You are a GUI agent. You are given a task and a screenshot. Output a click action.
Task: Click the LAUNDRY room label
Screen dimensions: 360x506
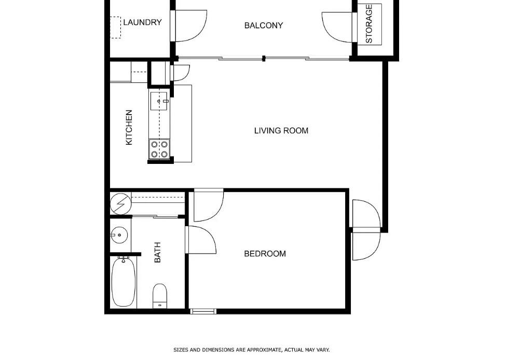(x=142, y=22)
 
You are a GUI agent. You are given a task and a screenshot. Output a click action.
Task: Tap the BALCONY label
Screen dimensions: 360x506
(x=264, y=25)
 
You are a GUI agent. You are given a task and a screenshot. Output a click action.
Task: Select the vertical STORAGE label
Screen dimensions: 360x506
(x=369, y=24)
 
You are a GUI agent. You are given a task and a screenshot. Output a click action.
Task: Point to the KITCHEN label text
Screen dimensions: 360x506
(x=129, y=127)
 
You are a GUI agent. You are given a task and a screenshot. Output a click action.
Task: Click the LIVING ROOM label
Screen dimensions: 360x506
(x=281, y=131)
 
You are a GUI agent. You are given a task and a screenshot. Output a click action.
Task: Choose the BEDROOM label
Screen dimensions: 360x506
(x=265, y=254)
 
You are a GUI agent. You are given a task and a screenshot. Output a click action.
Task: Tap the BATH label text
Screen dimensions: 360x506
(x=157, y=252)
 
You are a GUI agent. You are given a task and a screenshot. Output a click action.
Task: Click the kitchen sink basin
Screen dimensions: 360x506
(x=159, y=101)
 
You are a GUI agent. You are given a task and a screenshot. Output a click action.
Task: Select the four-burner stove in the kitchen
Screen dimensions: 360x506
(x=159, y=149)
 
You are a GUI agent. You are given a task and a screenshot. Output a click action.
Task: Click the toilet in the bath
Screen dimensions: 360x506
(x=159, y=295)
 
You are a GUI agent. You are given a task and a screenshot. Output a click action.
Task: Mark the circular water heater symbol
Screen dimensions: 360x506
(x=120, y=204)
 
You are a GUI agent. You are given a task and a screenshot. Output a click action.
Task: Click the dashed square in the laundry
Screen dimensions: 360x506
(x=115, y=27)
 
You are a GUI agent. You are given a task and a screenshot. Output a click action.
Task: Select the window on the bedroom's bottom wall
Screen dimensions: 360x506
(x=203, y=311)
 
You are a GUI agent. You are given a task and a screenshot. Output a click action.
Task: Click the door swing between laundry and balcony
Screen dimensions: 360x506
(x=190, y=26)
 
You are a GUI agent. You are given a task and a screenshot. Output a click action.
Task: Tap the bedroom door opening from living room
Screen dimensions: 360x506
(x=208, y=205)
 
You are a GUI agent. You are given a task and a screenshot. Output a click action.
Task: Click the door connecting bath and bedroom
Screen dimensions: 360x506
(x=200, y=240)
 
